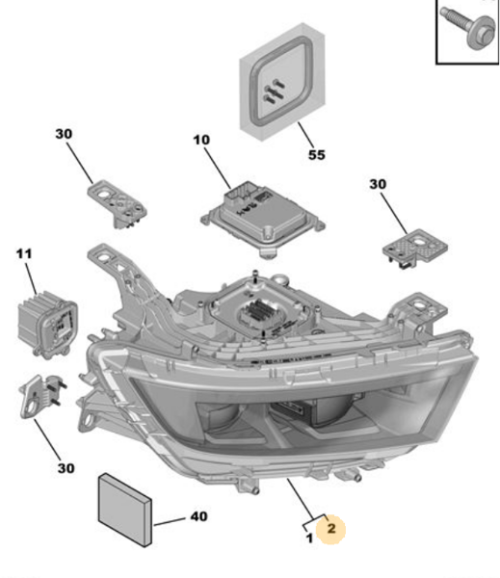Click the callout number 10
pyautogui.click(x=200, y=140)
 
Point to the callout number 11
pyautogui.click(x=23, y=253)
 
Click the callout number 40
pyautogui.click(x=198, y=517)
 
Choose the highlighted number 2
pyautogui.click(x=330, y=528)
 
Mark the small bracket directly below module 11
pyautogui.click(x=39, y=394)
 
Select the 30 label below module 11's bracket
pyautogui.click(x=64, y=469)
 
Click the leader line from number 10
pyautogui.click(x=218, y=166)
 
